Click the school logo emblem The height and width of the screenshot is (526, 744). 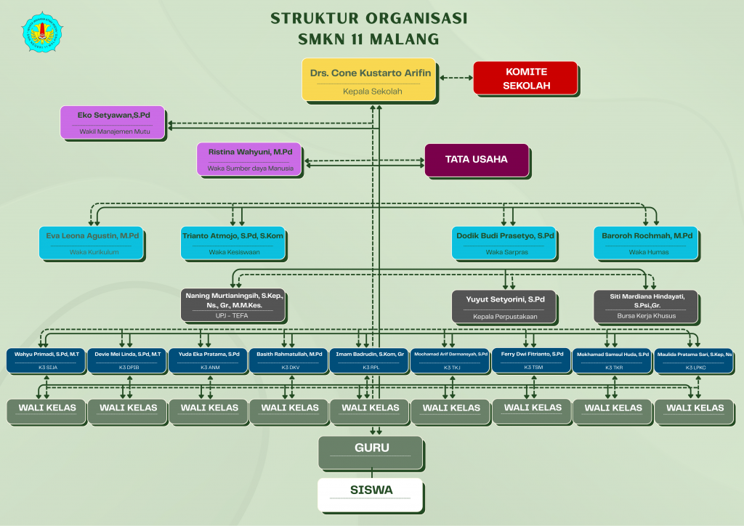pos(43,32)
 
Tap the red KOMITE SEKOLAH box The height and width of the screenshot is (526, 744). pos(525,78)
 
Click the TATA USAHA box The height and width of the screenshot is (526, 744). pos(477,161)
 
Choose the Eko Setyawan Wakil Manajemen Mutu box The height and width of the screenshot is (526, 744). pos(112,122)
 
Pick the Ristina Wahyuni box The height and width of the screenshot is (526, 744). pos(250,159)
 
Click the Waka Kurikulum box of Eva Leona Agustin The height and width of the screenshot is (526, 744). pos(93,243)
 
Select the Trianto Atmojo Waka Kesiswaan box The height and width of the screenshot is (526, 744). pos(232,243)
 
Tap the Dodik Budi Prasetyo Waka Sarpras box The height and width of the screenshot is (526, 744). pos(505,243)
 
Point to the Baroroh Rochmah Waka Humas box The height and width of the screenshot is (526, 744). pos(647,243)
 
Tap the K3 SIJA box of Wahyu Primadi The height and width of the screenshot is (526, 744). pos(47,360)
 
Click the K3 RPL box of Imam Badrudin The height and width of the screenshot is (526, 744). pos(370,360)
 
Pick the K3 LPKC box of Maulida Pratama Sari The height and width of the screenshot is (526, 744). pos(694,360)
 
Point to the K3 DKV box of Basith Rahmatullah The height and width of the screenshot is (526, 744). pos(289,360)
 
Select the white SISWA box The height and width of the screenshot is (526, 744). pos(371,493)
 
